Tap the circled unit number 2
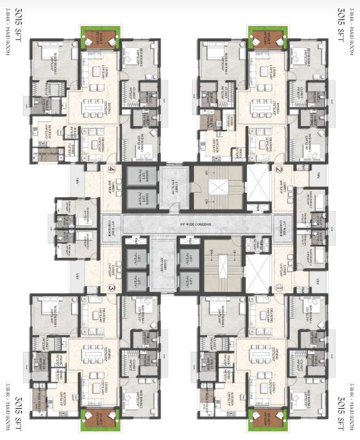tap(279, 169)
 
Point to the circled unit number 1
tap(279, 288)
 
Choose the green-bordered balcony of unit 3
tap(99, 418)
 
